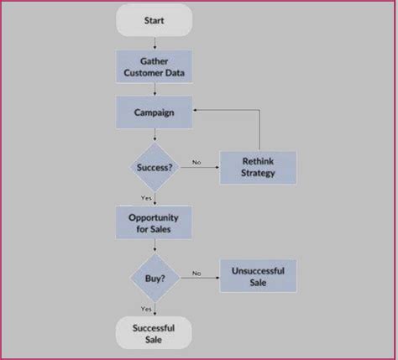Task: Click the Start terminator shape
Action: (x=154, y=19)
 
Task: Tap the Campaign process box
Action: (x=154, y=111)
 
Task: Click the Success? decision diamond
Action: (x=154, y=166)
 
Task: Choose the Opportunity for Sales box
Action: (x=154, y=222)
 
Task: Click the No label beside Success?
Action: (x=196, y=161)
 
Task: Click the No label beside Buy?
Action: (x=196, y=272)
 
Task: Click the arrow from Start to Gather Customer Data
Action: (x=154, y=42)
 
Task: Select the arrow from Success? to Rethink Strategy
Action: (x=202, y=167)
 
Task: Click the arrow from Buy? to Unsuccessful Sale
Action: (x=202, y=276)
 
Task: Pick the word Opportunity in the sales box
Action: (x=154, y=217)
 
